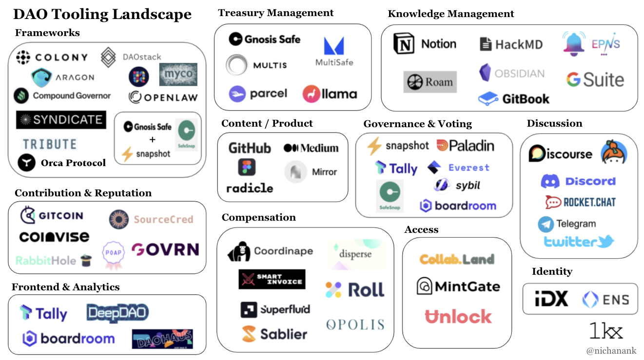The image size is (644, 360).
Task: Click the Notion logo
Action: click(425, 44)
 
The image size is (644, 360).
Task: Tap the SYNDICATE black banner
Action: click(61, 120)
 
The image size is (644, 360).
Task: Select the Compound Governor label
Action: click(71, 96)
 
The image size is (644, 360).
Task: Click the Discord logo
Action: click(578, 181)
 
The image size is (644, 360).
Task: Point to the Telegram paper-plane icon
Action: click(546, 224)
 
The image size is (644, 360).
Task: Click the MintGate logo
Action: click(458, 286)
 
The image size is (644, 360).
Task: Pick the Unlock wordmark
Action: click(458, 317)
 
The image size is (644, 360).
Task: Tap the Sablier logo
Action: click(274, 334)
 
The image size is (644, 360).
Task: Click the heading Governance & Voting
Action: click(417, 124)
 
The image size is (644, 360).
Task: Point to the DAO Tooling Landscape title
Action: click(102, 14)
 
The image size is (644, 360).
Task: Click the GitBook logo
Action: click(513, 99)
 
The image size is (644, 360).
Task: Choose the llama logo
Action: click(330, 94)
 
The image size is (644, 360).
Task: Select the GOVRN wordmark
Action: click(165, 250)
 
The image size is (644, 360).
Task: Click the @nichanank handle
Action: click(611, 350)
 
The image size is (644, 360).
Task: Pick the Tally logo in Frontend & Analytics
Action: click(43, 313)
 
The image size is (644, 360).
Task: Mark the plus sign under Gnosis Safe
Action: click(152, 140)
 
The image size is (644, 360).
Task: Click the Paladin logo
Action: click(465, 145)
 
